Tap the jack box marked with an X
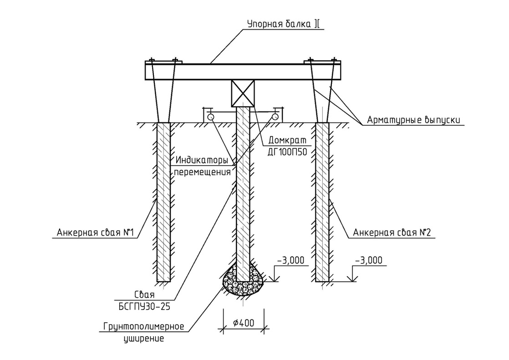pos(243,93)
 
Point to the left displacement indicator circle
pos(211,117)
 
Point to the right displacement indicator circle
pos(275,117)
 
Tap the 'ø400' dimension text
pos(243,323)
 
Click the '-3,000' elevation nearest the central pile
pos(290,260)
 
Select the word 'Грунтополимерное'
pos(143,327)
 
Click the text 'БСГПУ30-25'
pos(144,307)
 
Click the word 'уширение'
pos(144,339)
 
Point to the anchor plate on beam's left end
pos(163,62)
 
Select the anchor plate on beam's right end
pos(322,62)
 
